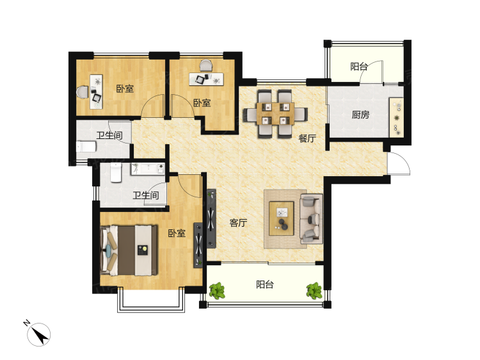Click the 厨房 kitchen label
point(360,115)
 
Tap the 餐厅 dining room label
point(307,138)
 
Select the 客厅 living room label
point(238,223)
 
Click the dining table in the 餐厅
point(275,113)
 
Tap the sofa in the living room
point(312,219)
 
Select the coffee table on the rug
point(282,218)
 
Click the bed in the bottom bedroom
point(129,250)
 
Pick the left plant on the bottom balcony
point(217,290)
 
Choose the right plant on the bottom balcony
point(314,290)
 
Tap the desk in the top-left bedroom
point(96,92)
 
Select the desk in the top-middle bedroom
point(206,79)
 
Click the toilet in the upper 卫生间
point(86,147)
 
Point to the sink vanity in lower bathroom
point(148,169)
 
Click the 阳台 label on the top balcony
point(359,67)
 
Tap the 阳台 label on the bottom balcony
point(265,284)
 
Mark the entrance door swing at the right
point(399,163)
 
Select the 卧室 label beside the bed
point(177,233)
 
